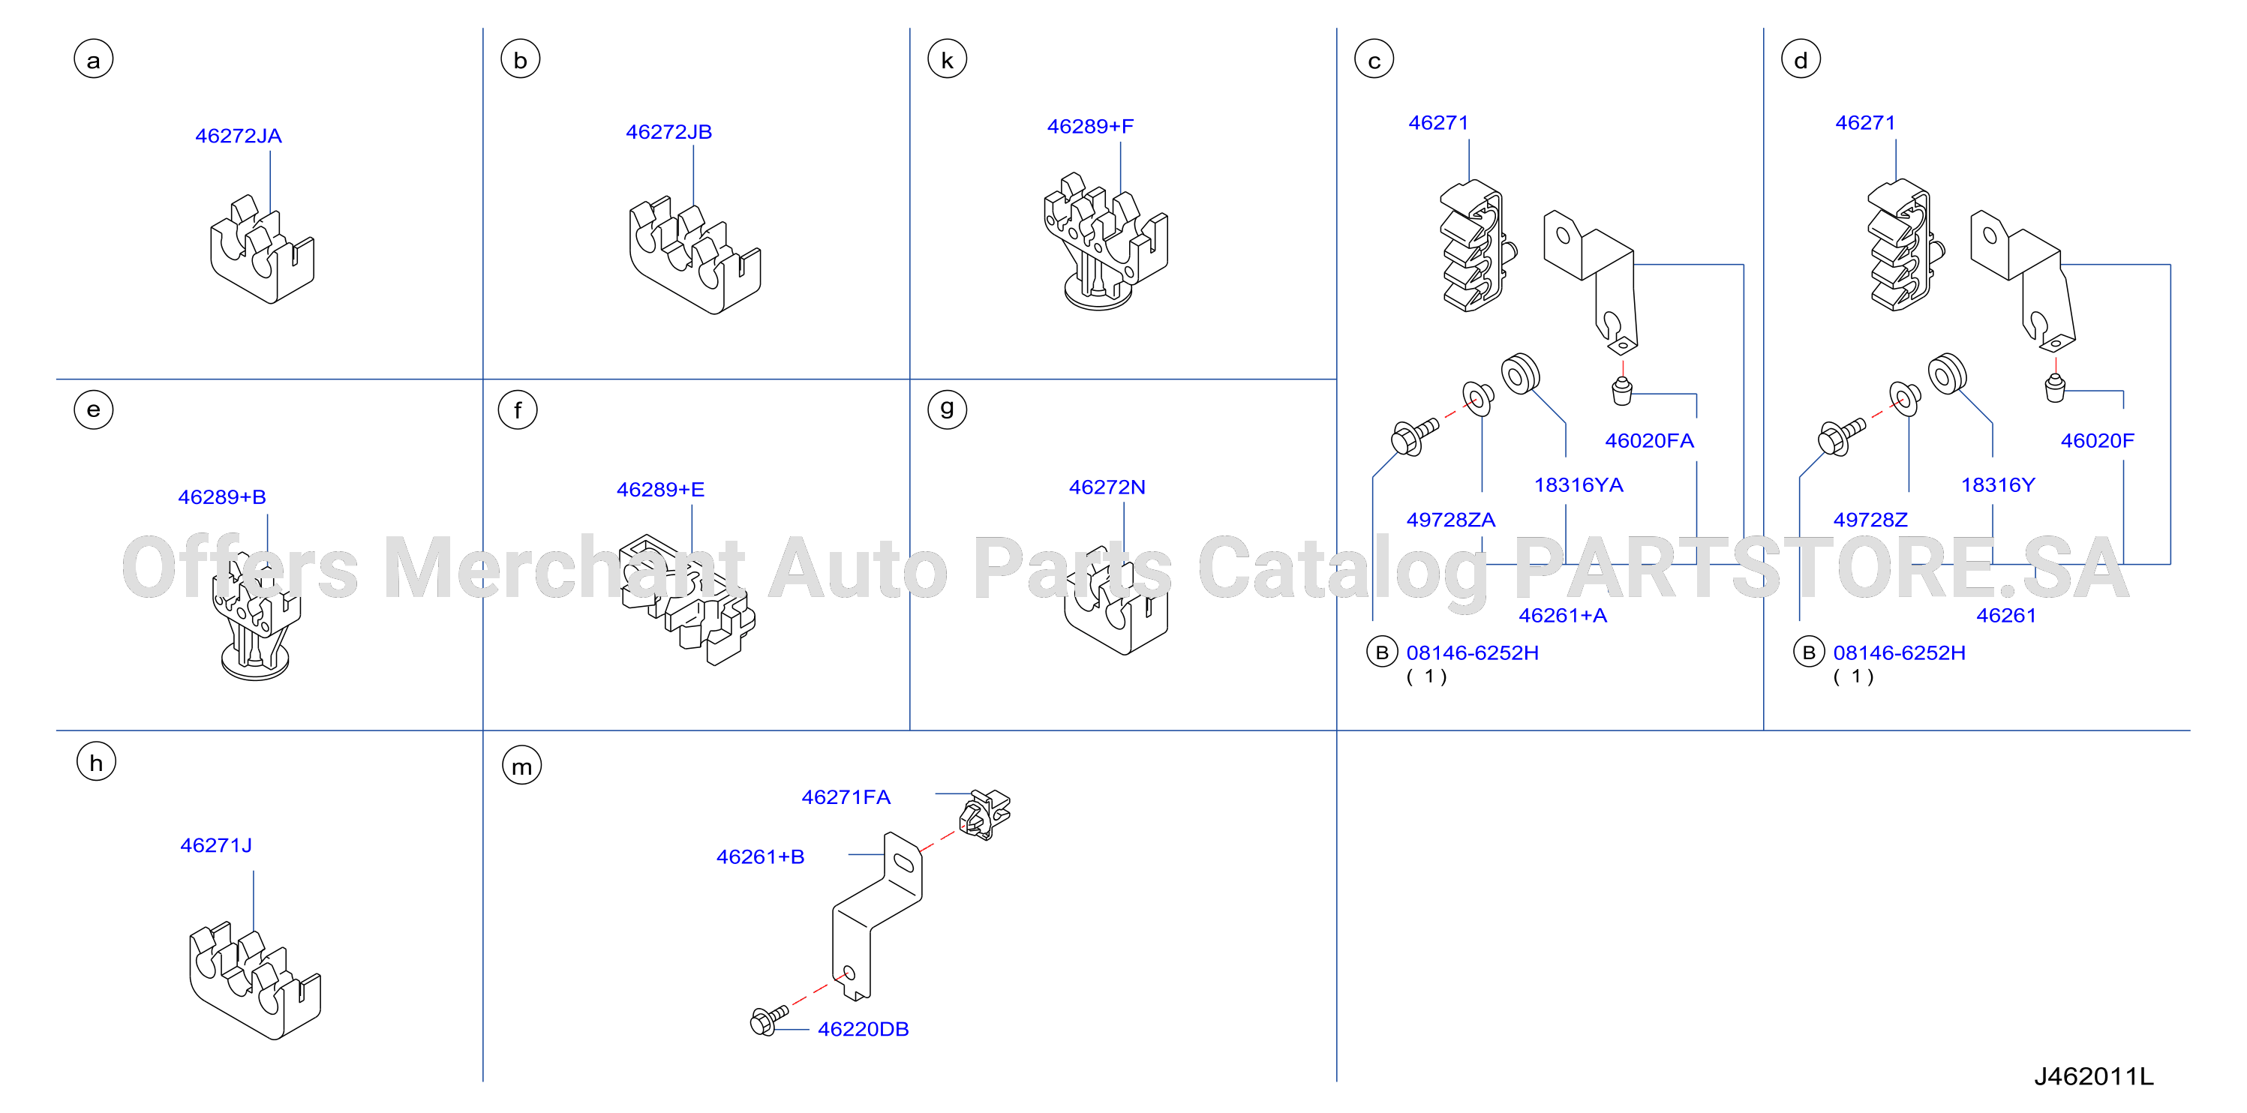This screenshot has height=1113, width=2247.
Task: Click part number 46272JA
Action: (238, 136)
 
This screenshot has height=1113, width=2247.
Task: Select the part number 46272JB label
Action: (668, 132)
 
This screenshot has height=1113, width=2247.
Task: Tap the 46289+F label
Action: (1090, 127)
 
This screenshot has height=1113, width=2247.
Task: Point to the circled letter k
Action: (948, 60)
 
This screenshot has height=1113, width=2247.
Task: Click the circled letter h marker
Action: (96, 761)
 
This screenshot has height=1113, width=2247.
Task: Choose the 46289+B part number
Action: (221, 497)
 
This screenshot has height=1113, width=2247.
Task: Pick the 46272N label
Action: (1107, 487)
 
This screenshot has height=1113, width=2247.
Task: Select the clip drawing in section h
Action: (254, 980)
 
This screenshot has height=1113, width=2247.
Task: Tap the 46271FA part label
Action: (846, 797)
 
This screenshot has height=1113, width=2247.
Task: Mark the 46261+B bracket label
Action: (760, 857)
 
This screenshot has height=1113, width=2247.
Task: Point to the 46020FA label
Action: (1650, 440)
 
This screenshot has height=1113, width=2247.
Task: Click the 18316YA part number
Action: (1579, 485)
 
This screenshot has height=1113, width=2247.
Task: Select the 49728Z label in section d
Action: (1870, 520)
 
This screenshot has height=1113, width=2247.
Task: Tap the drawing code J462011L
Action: (2093, 1076)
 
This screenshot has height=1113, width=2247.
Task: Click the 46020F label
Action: (2097, 440)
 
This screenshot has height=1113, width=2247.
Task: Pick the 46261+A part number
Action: (1562, 616)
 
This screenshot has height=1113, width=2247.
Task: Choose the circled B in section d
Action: (1808, 652)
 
